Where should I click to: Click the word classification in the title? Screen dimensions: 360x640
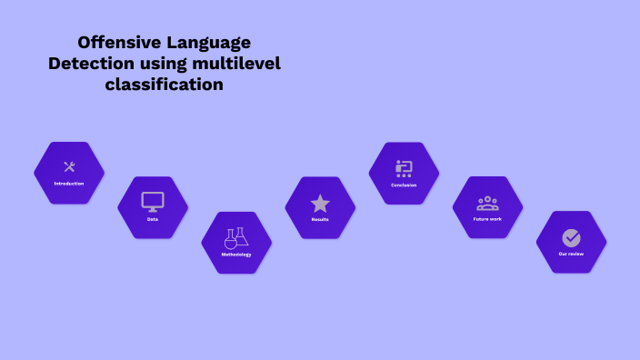(x=164, y=85)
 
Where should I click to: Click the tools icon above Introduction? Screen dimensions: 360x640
(x=69, y=166)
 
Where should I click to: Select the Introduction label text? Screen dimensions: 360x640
(x=69, y=184)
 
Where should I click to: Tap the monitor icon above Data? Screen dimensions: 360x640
(x=153, y=201)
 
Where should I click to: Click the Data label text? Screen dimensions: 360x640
(x=153, y=219)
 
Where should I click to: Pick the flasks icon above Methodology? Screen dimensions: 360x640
(x=236, y=237)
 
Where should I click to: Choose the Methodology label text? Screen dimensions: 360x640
(x=236, y=255)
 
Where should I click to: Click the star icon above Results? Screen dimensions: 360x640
(x=320, y=203)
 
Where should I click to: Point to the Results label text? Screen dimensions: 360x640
(x=320, y=219)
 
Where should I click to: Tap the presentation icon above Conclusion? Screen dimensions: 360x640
(x=404, y=167)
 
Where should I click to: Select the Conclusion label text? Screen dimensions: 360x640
(x=404, y=185)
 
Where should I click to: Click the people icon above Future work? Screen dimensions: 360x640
(x=487, y=202)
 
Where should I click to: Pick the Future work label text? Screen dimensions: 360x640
(x=487, y=219)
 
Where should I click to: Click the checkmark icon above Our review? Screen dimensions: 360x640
(x=571, y=237)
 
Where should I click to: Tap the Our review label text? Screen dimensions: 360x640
(x=571, y=254)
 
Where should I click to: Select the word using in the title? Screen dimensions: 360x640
(x=165, y=64)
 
